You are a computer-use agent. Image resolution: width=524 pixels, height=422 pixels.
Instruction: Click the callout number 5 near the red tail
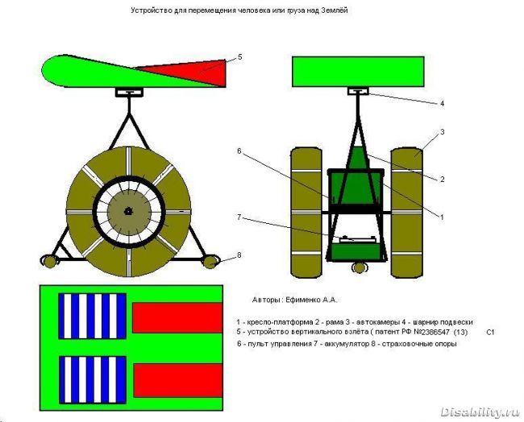(x=239, y=57)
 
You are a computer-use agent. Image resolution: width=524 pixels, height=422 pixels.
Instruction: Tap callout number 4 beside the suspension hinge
(x=442, y=104)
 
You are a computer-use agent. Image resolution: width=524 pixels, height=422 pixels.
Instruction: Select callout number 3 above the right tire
(x=443, y=132)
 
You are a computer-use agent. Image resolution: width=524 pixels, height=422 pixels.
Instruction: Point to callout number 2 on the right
(x=443, y=180)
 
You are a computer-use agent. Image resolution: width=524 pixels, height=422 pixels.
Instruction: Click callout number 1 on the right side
(x=442, y=217)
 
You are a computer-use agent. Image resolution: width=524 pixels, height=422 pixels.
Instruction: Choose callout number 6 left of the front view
(x=239, y=151)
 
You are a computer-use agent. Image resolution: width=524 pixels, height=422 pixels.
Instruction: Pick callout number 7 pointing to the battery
(x=239, y=217)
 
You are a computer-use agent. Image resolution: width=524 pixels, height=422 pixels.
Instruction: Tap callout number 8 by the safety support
(x=239, y=255)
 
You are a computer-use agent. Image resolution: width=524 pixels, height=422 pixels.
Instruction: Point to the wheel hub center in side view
(x=127, y=211)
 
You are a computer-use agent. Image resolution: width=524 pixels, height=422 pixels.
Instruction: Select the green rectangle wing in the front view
(x=358, y=72)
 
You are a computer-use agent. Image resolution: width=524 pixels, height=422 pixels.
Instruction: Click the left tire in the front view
(x=306, y=213)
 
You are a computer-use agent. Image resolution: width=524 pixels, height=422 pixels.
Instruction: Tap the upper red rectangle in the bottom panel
(x=177, y=318)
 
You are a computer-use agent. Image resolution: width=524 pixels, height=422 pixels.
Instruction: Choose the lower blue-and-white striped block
(x=93, y=379)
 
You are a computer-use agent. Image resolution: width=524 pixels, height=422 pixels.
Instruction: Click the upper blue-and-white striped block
(x=93, y=316)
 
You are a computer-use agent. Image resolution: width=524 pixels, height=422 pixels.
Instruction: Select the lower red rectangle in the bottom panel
(x=178, y=380)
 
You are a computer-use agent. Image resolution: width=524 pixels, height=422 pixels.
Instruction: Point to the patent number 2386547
(x=433, y=332)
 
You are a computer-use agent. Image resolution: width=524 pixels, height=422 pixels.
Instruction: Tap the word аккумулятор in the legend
(x=343, y=344)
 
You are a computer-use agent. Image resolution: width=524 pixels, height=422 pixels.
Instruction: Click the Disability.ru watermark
(x=480, y=412)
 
